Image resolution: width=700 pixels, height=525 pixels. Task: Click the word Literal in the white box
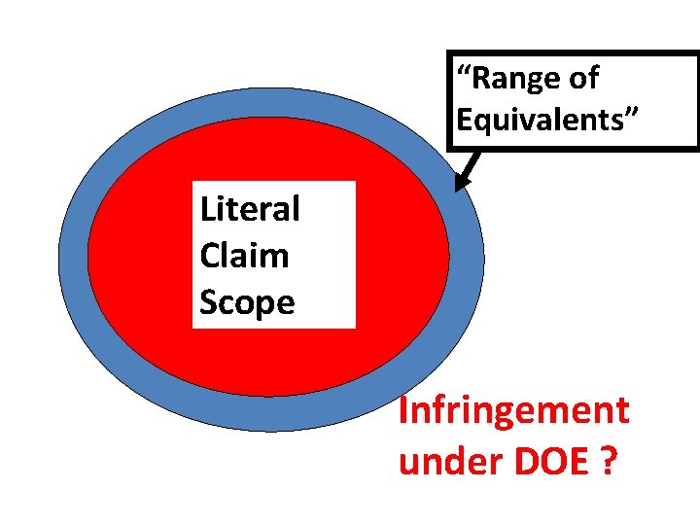pyautogui.click(x=250, y=209)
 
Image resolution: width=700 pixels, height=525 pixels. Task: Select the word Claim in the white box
pyautogui.click(x=244, y=256)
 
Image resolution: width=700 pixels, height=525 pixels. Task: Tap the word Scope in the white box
pyautogui.click(x=247, y=302)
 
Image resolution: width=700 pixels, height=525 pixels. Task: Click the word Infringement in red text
pyautogui.click(x=514, y=411)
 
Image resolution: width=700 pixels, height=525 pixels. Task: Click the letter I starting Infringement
pyautogui.click(x=404, y=411)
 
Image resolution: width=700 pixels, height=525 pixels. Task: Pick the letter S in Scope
pyautogui.click(x=208, y=302)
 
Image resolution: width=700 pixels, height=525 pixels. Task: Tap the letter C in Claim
pyautogui.click(x=209, y=256)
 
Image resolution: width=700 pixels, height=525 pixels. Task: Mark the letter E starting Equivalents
pyautogui.click(x=465, y=120)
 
